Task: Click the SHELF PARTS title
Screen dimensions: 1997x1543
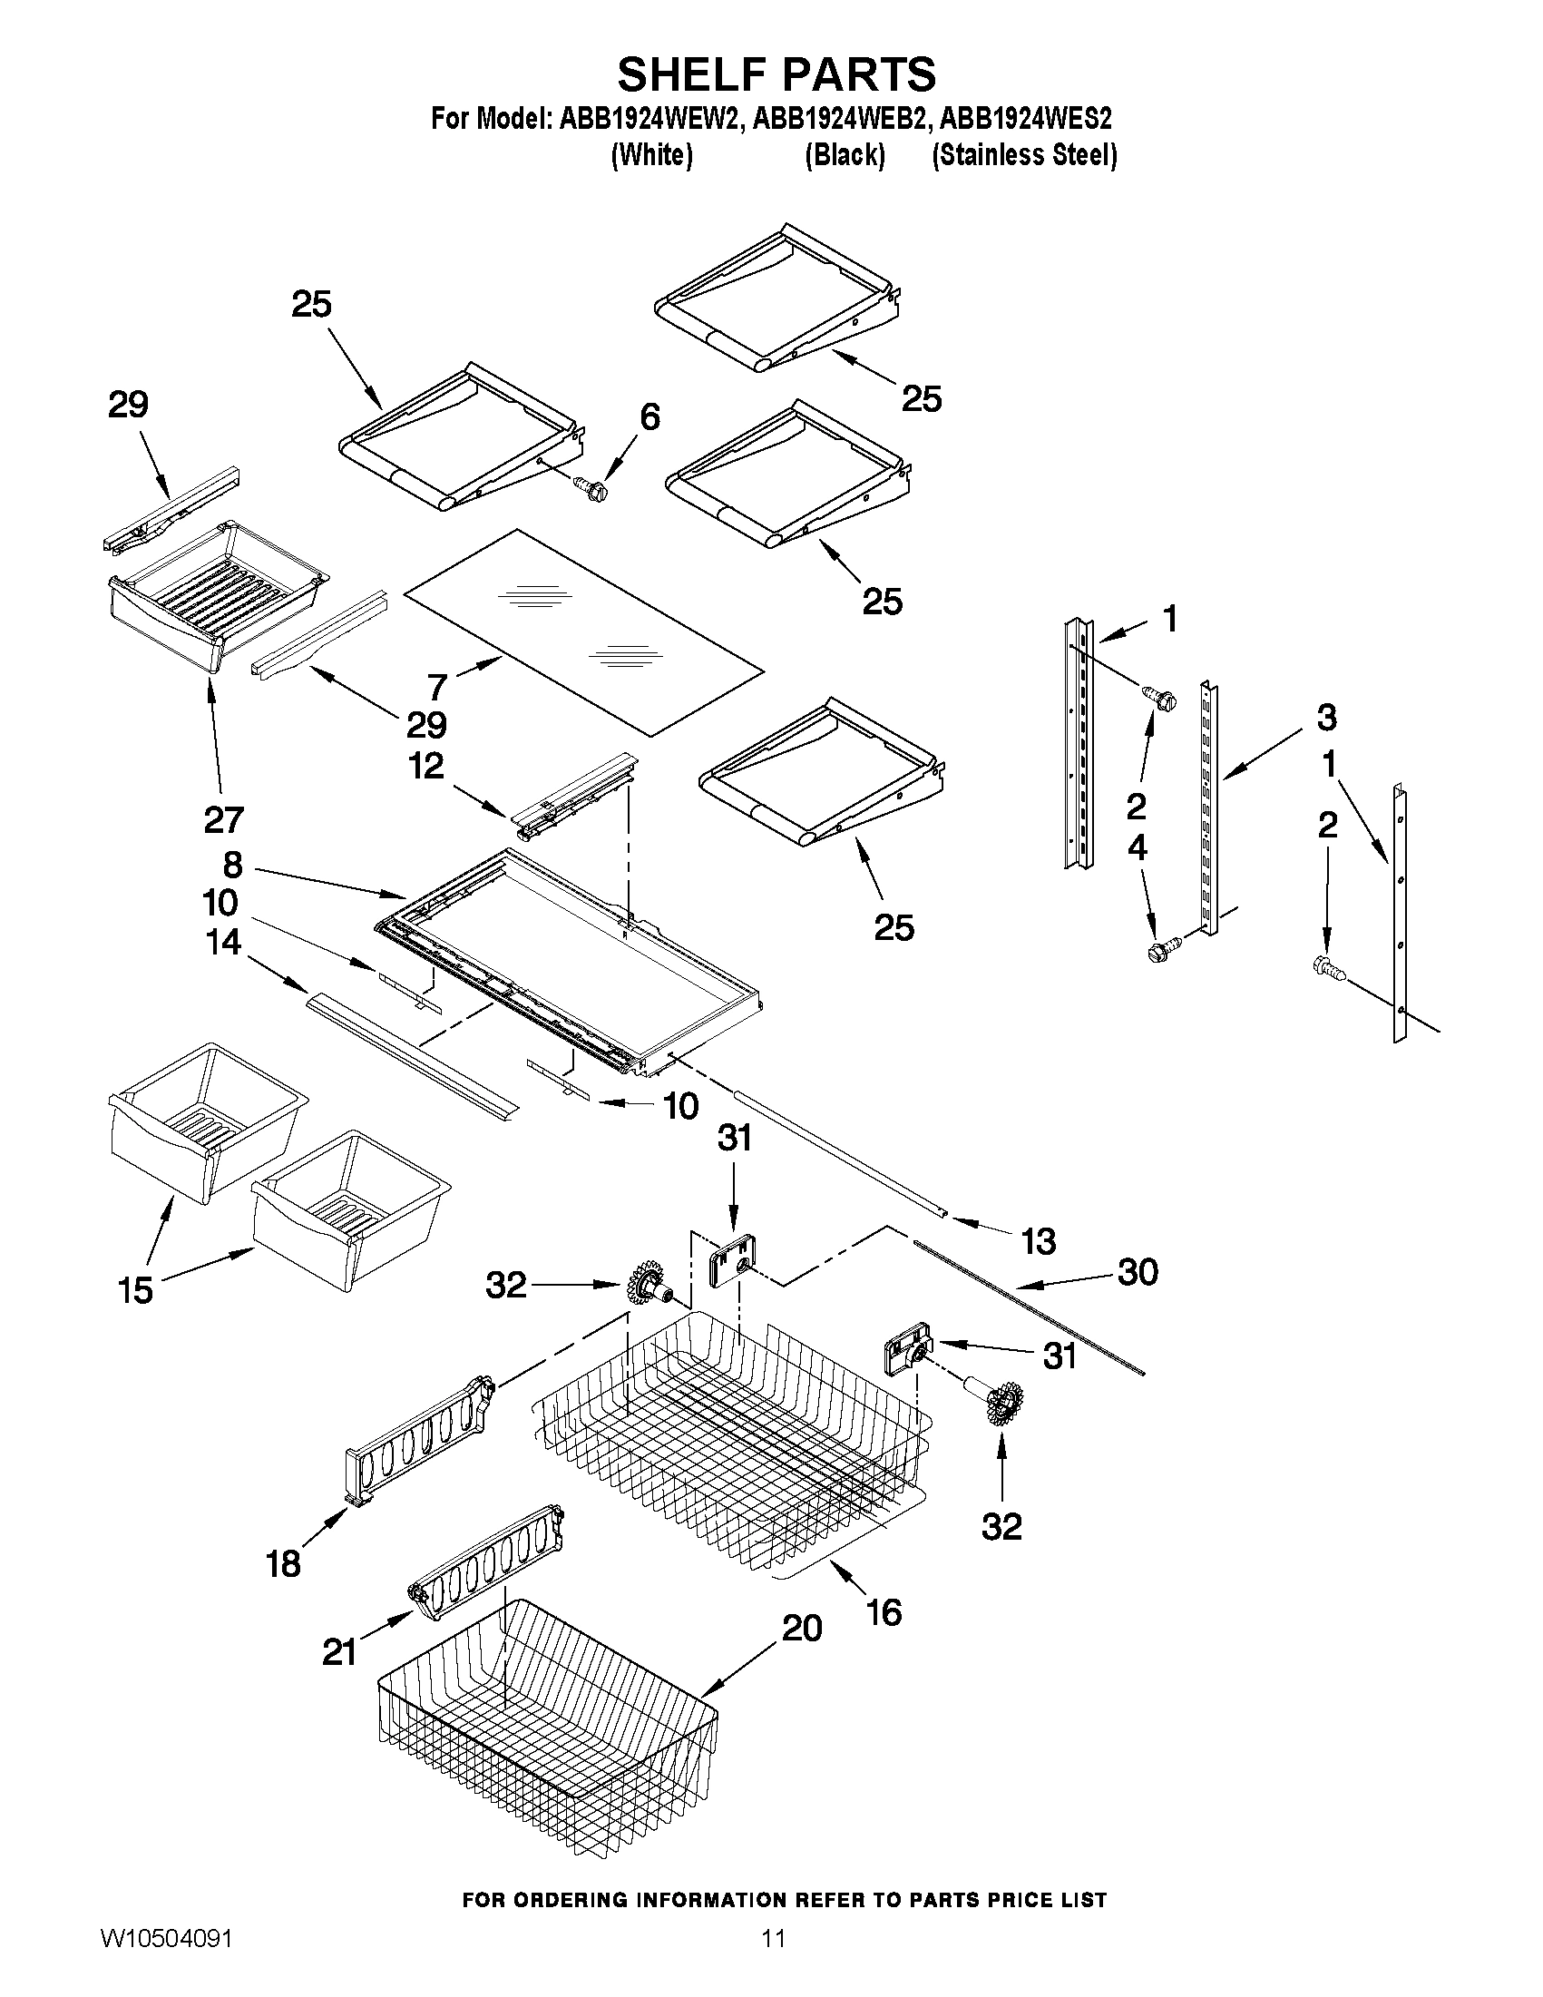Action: (x=776, y=75)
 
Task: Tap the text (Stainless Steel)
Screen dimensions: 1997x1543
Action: (x=1024, y=155)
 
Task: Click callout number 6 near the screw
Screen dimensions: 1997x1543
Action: (x=649, y=417)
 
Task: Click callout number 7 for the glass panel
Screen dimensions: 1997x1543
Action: (x=437, y=686)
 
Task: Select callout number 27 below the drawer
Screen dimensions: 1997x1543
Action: (x=224, y=819)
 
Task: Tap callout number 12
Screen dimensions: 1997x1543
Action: (x=426, y=767)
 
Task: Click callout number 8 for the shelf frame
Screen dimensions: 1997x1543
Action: (x=232, y=864)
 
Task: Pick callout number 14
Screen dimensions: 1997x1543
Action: (x=223, y=942)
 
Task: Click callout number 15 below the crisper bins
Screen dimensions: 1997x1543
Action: (x=135, y=1289)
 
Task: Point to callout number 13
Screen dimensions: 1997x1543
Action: (x=1039, y=1241)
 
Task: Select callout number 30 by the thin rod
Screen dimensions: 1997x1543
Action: (x=1138, y=1272)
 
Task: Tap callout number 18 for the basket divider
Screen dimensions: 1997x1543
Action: (x=283, y=1563)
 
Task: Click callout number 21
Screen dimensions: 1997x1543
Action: (x=338, y=1651)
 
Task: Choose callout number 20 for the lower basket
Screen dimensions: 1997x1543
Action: (x=802, y=1628)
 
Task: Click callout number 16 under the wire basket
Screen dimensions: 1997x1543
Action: (x=884, y=1612)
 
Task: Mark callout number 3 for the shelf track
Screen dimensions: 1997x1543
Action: (x=1325, y=717)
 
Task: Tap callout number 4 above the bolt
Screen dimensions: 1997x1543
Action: (x=1137, y=848)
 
